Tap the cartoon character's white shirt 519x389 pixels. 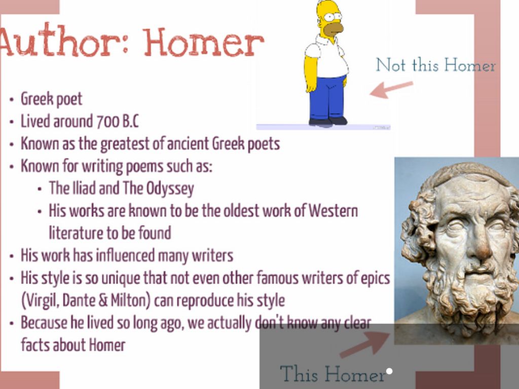tap(328, 56)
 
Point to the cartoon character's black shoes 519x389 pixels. tap(328, 121)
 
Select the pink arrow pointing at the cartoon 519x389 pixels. tap(391, 89)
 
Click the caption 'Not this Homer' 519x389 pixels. tap(435, 65)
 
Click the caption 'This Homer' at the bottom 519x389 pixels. tap(332, 374)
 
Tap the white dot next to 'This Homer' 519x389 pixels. tap(389, 371)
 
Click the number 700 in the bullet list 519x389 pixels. tap(108, 121)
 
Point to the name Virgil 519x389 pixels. tap(41, 301)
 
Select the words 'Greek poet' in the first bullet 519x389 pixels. tap(51, 99)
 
